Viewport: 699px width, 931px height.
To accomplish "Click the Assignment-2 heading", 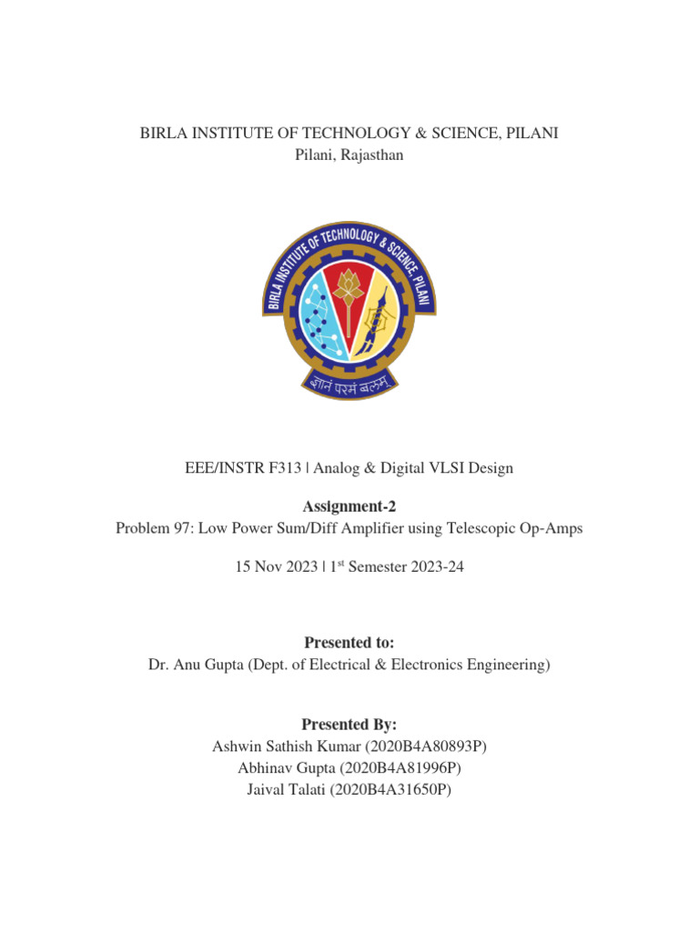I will (x=349, y=506).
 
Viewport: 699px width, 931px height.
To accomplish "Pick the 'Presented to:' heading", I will (x=349, y=643).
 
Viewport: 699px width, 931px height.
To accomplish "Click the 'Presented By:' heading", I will (x=349, y=724).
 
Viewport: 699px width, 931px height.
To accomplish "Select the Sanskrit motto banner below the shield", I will (x=349, y=386).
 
